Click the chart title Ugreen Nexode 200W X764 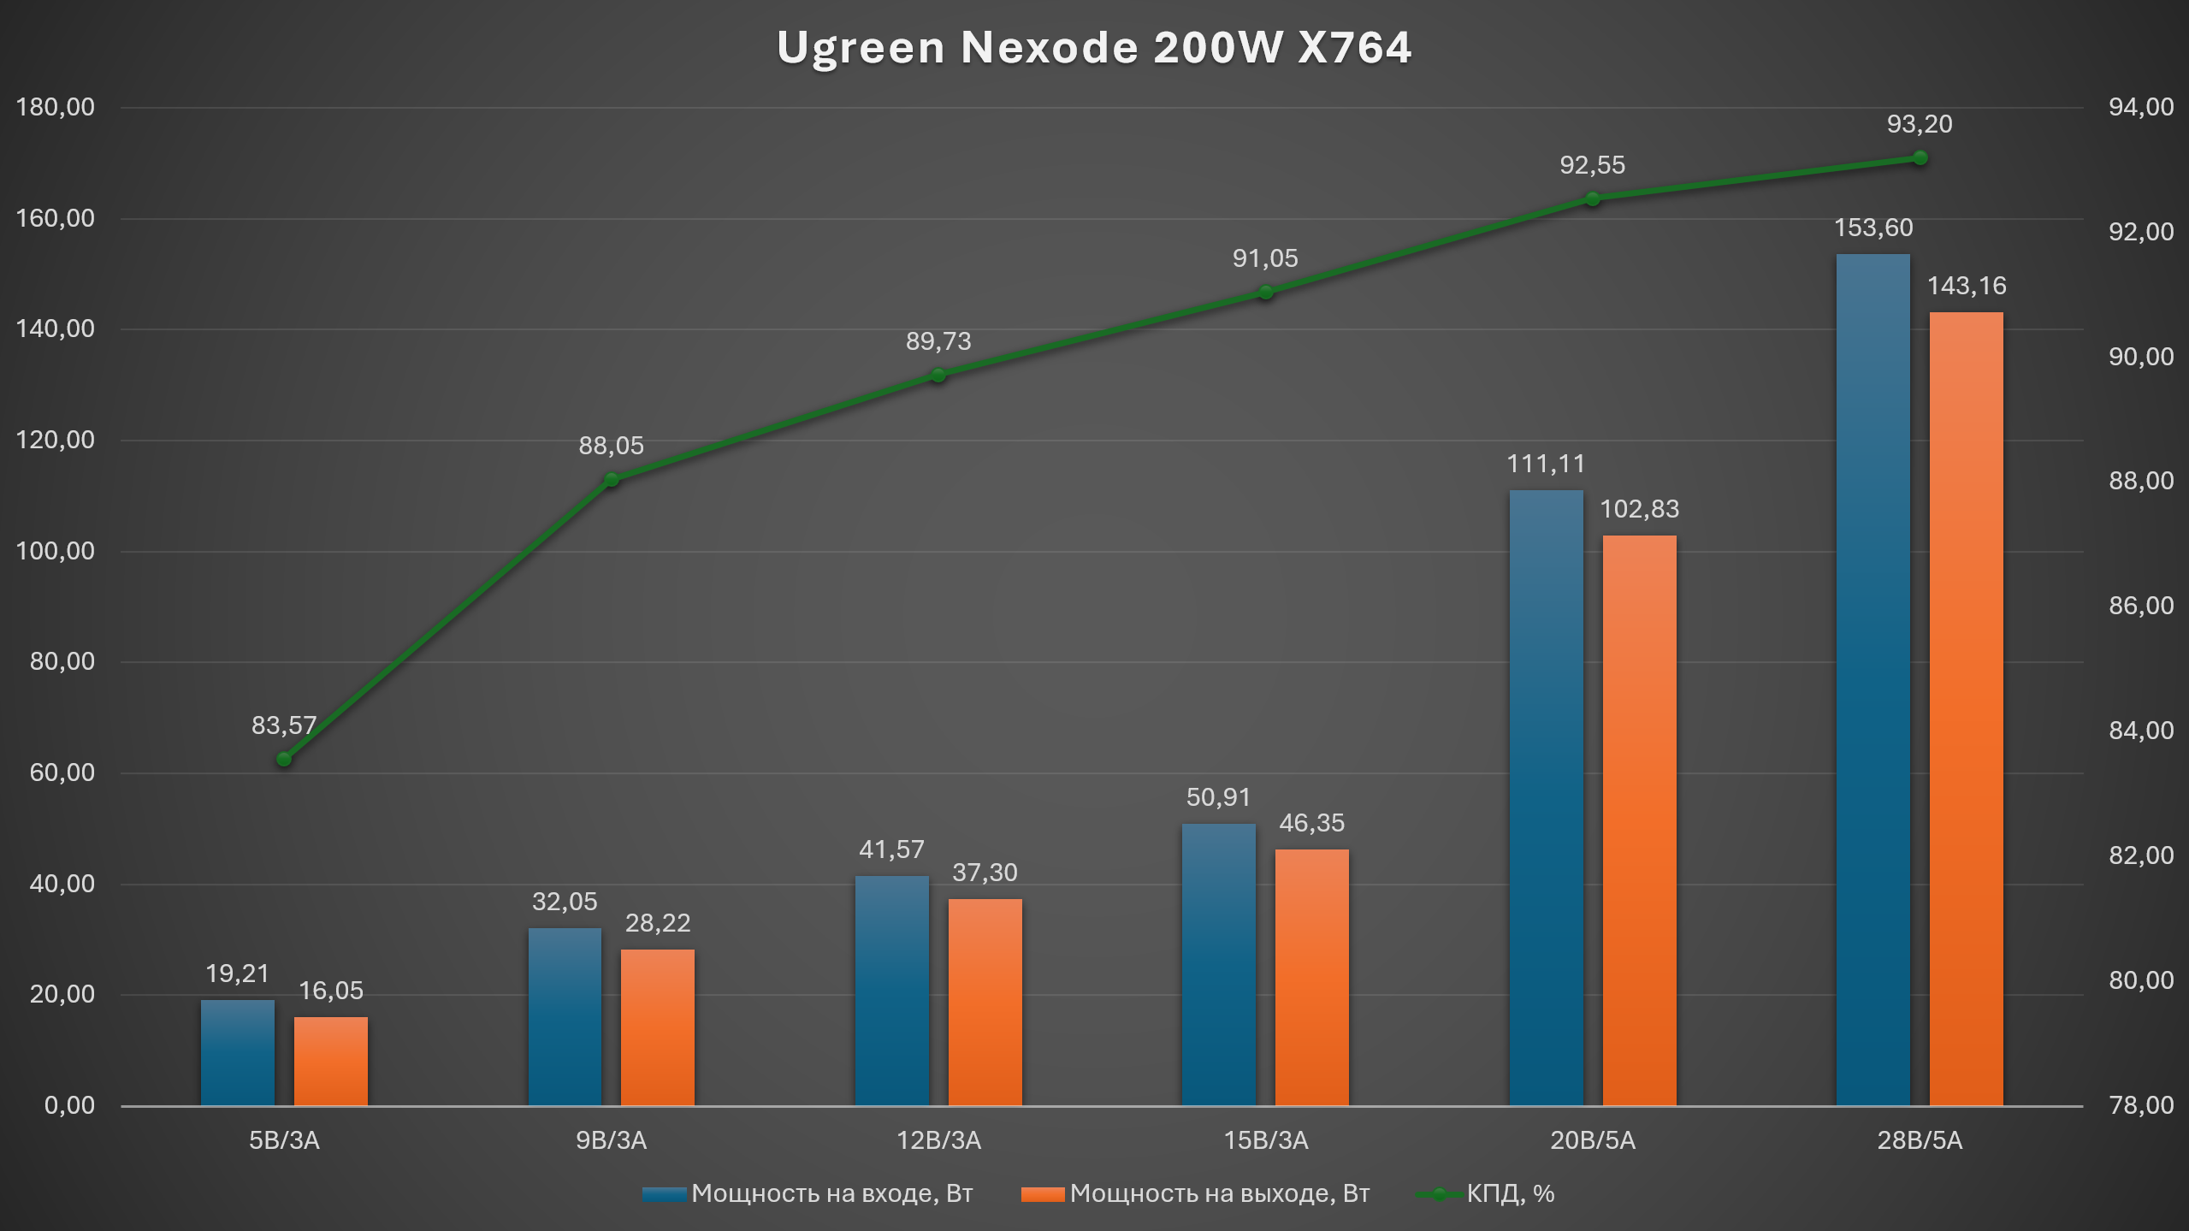(1093, 48)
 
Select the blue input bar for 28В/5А (1872, 679)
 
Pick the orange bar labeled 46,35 (1311, 977)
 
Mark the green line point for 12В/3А (938, 376)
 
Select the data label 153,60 (1872, 228)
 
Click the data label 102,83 (1639, 510)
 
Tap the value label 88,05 (611, 446)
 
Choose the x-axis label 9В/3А (611, 1140)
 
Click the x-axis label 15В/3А (1265, 1140)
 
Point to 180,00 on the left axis (56, 108)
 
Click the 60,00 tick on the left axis (62, 772)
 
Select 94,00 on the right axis (2140, 108)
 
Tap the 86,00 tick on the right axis (2140, 606)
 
